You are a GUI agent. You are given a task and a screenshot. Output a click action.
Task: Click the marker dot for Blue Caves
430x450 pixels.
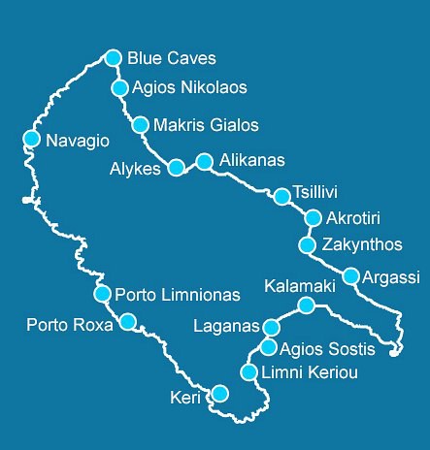(114, 57)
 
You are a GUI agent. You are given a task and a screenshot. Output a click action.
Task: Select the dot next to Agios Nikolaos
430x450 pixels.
(120, 88)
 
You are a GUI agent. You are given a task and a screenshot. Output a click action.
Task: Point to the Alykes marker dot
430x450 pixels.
(176, 168)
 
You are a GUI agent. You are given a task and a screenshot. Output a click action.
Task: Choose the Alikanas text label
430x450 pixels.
(252, 161)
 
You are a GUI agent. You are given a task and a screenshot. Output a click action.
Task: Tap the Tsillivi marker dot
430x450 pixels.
(281, 197)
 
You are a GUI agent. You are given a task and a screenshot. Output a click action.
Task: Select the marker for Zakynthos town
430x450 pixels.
(308, 244)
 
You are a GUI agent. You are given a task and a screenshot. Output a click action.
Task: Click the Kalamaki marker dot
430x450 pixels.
(306, 305)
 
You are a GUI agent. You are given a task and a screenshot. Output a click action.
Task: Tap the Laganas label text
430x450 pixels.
(227, 325)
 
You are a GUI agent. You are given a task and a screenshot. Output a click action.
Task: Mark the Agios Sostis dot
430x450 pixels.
(269, 347)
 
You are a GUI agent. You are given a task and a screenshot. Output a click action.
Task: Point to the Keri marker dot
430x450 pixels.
(220, 393)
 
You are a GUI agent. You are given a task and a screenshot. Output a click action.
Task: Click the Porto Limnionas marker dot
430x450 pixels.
(101, 293)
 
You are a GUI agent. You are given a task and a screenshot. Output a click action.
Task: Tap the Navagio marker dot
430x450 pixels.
(31, 140)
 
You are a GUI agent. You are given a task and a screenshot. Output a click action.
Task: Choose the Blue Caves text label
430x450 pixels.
(172, 58)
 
